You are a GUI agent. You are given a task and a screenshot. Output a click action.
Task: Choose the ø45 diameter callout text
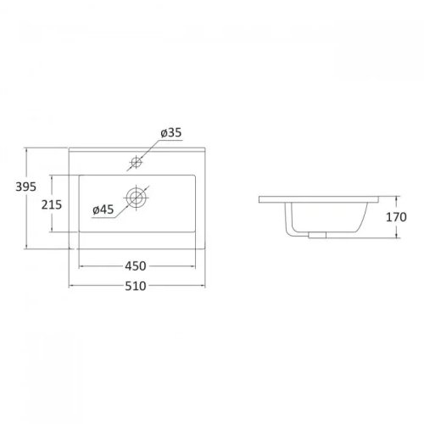coord(103,209)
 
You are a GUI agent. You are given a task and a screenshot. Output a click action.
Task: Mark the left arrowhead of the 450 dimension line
coord(82,269)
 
